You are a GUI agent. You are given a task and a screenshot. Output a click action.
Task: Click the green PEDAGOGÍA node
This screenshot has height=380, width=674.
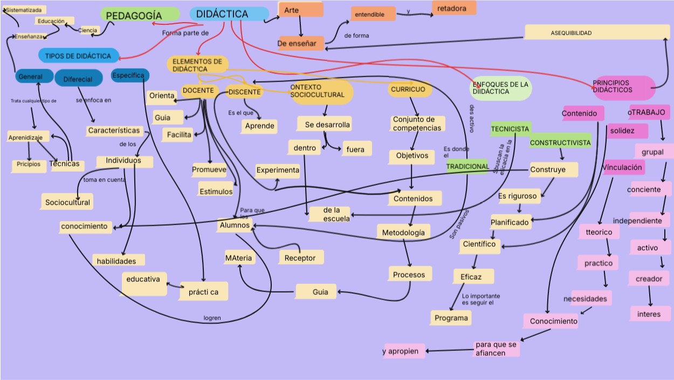coord(139,15)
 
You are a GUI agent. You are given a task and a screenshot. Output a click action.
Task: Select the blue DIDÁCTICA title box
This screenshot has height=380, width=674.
coord(229,15)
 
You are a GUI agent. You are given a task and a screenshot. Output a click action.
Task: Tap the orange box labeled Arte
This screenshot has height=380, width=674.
coord(300,10)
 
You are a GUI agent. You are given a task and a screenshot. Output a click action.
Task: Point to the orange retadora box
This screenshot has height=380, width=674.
coord(453,8)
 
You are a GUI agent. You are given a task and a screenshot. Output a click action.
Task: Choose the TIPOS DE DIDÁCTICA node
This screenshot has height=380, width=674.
coord(79,56)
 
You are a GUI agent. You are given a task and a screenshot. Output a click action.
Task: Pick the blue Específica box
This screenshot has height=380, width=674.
coord(129,75)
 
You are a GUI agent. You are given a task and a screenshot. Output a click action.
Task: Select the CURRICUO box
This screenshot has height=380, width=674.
coord(410,90)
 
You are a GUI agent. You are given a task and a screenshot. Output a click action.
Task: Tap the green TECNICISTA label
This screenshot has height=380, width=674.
coord(510,129)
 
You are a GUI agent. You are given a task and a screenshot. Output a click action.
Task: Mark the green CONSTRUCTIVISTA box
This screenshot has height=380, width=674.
coord(560,142)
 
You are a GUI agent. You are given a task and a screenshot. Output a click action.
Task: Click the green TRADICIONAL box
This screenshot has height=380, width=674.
coord(467,166)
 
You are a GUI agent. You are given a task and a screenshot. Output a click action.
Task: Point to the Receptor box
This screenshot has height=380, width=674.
coord(301,257)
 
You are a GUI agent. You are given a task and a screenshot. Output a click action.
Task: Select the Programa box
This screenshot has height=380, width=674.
coord(451,318)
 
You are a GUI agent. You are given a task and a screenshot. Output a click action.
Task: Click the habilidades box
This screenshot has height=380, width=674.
coord(118,261)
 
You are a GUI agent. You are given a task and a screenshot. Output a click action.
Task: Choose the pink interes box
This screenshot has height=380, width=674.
coord(649,314)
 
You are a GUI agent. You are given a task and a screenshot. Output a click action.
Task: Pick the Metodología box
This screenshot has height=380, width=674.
coord(403,233)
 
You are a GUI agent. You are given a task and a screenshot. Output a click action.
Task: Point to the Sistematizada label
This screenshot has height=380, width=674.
coord(24,10)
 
